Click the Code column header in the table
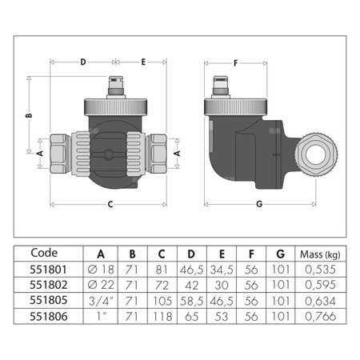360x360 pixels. [44, 257]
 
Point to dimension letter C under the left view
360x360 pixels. [110, 204]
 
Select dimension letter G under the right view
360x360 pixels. [258, 204]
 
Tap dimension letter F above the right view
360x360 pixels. [235, 61]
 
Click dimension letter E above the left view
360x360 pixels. [144, 61]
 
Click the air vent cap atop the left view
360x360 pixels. [117, 83]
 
